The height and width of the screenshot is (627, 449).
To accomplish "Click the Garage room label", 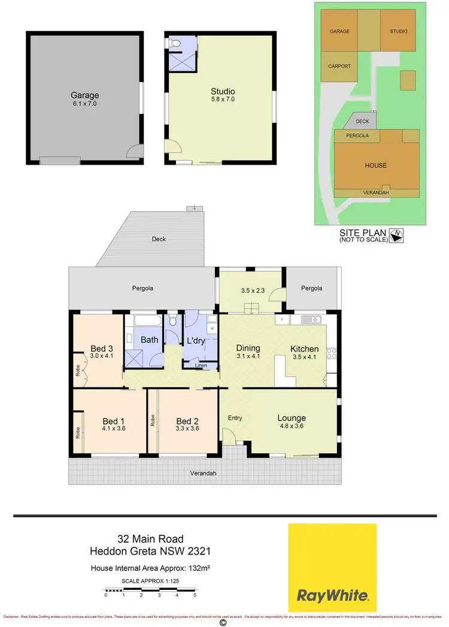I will click(x=84, y=95).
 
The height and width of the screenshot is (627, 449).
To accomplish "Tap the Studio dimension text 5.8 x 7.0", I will click(x=222, y=99).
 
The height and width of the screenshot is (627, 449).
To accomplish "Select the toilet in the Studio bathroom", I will click(x=173, y=43).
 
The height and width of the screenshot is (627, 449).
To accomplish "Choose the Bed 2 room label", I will click(x=186, y=420).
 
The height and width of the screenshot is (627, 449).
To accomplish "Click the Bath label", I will click(x=149, y=340).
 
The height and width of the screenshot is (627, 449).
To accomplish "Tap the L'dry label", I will click(x=197, y=340).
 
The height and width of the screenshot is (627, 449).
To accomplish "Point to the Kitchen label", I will click(x=304, y=349).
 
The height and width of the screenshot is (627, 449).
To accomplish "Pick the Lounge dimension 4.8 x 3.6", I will click(x=292, y=428).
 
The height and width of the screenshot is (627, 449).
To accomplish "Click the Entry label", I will click(x=235, y=417).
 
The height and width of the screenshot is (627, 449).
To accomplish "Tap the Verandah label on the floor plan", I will click(x=204, y=473).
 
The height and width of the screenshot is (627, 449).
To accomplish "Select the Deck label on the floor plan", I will click(x=158, y=239).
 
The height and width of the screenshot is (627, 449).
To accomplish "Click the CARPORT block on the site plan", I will click(x=339, y=66).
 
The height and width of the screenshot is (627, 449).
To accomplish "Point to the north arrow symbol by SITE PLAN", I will click(x=396, y=235).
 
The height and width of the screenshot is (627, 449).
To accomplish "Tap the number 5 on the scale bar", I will click(x=195, y=595).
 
